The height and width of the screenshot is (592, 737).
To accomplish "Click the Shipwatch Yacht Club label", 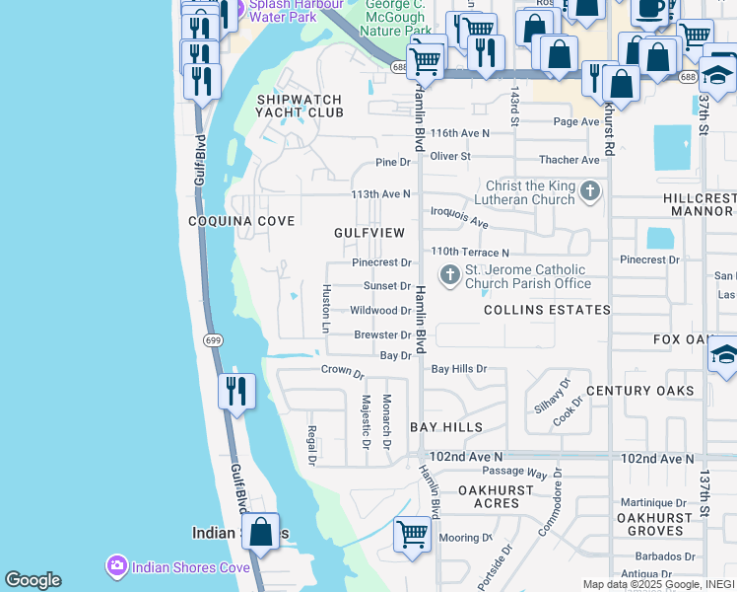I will (300, 107).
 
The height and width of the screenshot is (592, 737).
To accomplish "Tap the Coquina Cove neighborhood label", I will (241, 222).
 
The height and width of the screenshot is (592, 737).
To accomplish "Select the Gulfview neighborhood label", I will (368, 233).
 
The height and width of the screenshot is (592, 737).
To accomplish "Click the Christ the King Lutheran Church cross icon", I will (590, 191).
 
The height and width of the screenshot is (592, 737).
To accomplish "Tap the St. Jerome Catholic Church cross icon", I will (449, 274).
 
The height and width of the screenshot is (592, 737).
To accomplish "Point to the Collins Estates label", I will (546, 310).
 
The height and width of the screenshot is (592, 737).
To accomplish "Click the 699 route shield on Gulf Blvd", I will (213, 339).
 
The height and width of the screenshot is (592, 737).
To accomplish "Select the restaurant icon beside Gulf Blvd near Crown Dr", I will (235, 391).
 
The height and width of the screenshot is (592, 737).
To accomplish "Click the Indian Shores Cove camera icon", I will (116, 566).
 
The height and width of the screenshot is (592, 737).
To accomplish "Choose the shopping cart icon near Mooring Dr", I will (412, 534).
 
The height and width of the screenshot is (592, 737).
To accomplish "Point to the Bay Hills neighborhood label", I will (446, 427).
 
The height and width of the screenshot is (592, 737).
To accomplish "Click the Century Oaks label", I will (639, 391).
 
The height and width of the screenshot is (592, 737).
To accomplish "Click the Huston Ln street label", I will (325, 308).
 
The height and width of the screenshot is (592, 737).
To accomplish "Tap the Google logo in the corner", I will (33, 580).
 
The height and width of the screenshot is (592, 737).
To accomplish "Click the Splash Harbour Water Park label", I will (283, 10).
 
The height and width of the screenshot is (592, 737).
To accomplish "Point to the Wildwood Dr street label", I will (380, 311).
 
